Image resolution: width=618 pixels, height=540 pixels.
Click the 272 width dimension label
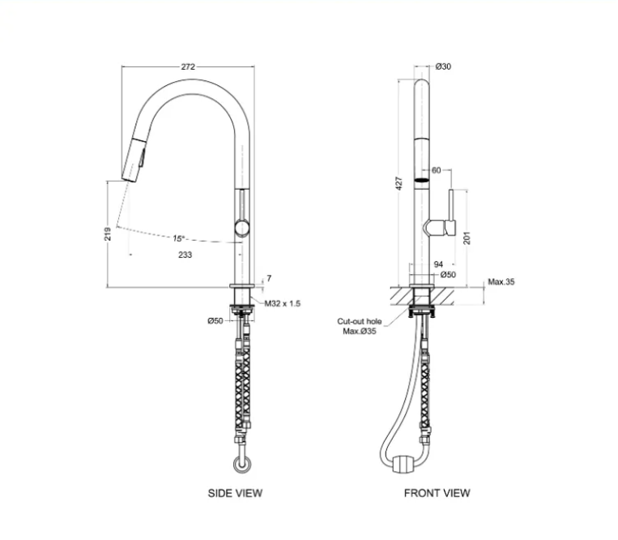(x=188, y=67)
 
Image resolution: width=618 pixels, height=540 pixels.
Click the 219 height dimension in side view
(x=108, y=234)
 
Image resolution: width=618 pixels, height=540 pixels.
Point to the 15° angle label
(x=178, y=238)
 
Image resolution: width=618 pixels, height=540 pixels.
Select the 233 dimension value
(x=185, y=255)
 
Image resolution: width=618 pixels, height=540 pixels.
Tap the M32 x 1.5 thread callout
(x=283, y=303)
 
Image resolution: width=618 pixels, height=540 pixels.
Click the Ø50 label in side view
(x=215, y=321)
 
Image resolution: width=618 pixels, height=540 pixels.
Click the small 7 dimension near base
(x=268, y=278)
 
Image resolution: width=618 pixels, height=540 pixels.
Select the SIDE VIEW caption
(x=236, y=492)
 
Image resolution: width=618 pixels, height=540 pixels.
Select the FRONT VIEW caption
(x=437, y=492)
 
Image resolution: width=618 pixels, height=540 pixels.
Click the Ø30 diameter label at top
(x=443, y=67)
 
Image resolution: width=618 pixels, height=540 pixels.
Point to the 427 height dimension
(x=399, y=185)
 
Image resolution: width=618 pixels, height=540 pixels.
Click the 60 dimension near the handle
(x=437, y=170)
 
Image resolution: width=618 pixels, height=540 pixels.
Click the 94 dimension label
(x=438, y=264)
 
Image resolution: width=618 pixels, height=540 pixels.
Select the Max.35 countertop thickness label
(x=501, y=282)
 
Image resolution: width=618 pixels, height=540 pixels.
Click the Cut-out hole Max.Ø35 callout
(x=360, y=326)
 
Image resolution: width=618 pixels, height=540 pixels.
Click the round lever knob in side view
(x=241, y=227)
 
